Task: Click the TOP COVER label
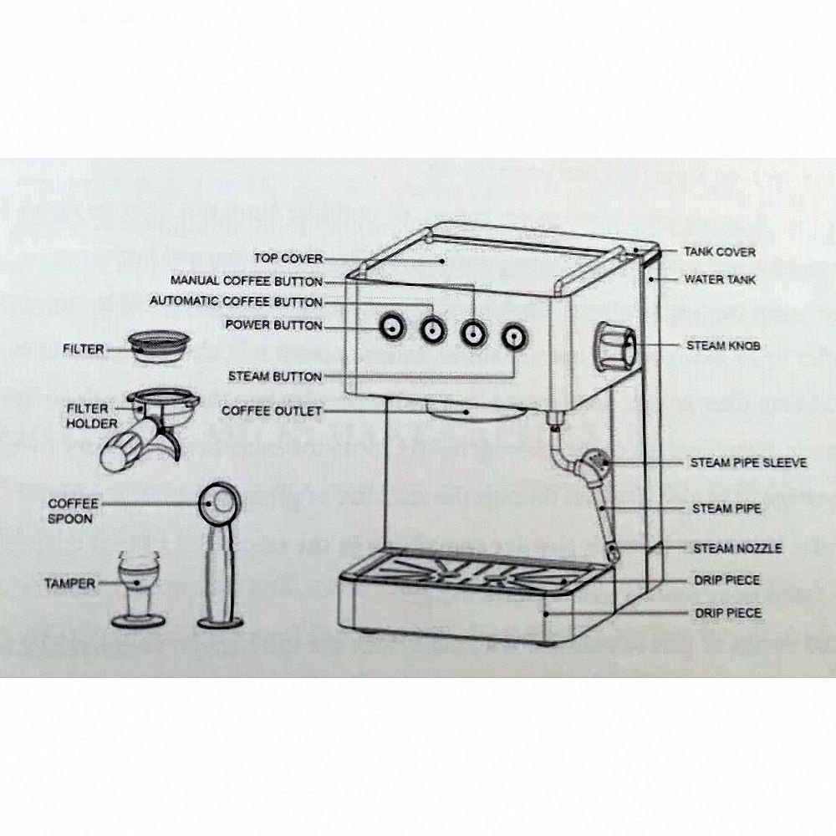288,259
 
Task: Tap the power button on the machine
390,327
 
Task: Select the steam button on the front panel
513,337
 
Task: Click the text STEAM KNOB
723,345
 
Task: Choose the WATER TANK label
720,279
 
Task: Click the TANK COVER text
720,252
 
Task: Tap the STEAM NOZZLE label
737,548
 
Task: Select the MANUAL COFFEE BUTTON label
247,281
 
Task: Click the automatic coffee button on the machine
431,330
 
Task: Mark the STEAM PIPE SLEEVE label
748,462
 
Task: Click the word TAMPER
71,583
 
